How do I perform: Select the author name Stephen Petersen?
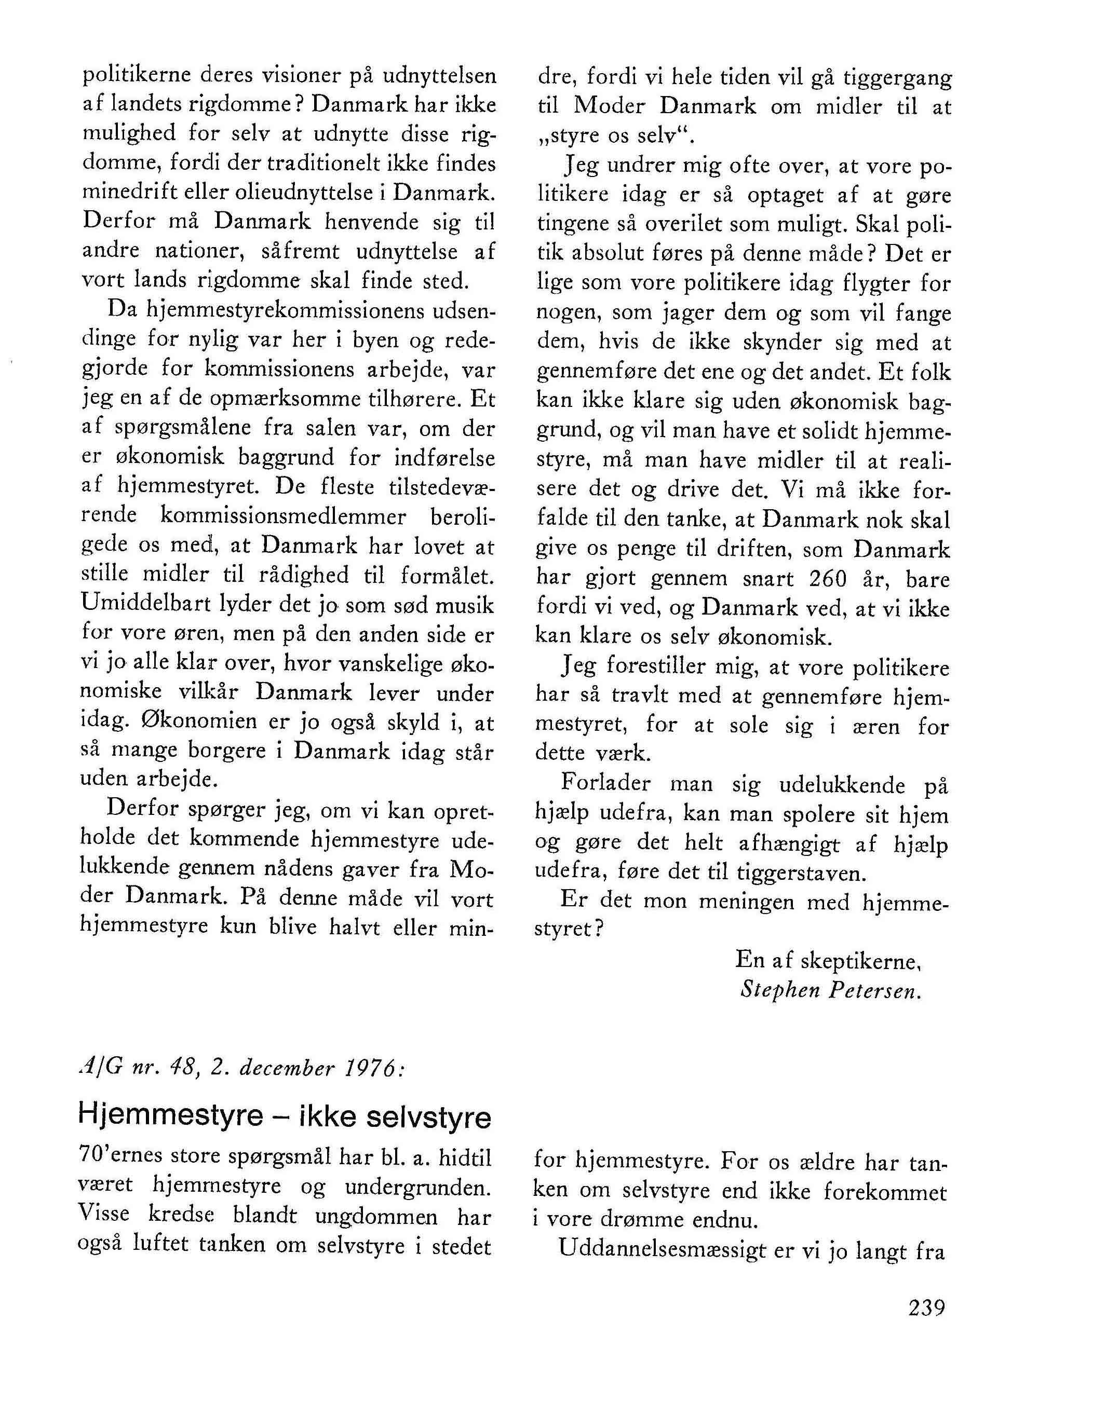click(x=830, y=991)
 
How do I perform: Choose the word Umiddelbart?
click(x=145, y=605)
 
